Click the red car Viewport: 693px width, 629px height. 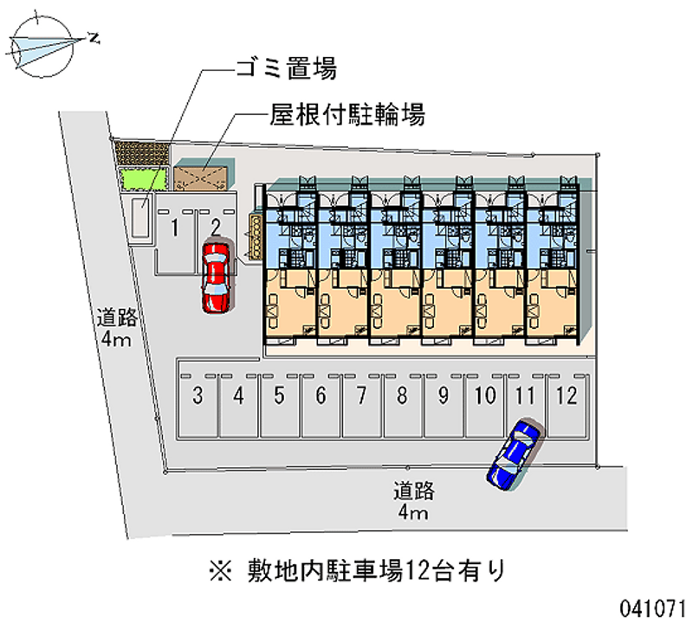pos(216,276)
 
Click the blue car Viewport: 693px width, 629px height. pos(515,453)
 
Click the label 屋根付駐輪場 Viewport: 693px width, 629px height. pos(346,115)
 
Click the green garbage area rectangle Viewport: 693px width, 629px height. pos(144,178)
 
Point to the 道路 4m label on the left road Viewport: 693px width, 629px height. pos(113,327)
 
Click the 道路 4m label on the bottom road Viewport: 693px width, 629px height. pos(413,502)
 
